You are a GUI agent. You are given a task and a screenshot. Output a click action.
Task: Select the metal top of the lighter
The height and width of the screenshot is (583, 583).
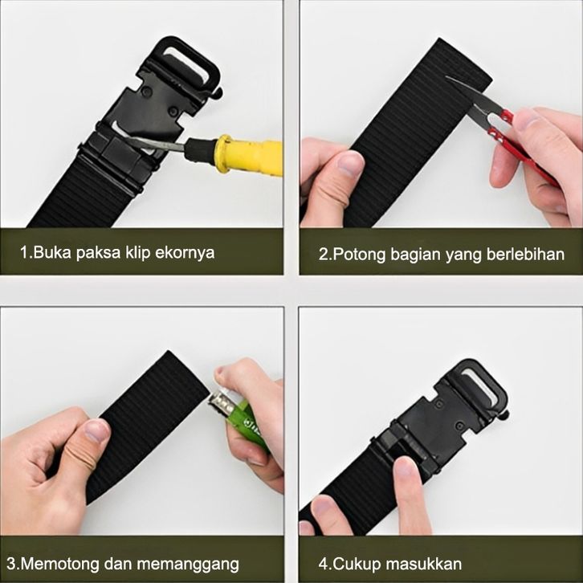[x=221, y=402]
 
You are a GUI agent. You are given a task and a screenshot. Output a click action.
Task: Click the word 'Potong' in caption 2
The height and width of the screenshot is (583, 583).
[x=359, y=255]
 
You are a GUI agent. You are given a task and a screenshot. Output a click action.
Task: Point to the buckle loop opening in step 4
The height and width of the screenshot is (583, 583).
[x=483, y=385]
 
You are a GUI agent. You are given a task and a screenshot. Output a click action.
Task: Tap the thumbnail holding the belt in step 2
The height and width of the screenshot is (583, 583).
[x=349, y=165]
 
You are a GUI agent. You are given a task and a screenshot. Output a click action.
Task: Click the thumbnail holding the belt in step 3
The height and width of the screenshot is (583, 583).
[x=96, y=431]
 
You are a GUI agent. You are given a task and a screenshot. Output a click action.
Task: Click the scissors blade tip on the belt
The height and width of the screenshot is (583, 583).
[x=446, y=77]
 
